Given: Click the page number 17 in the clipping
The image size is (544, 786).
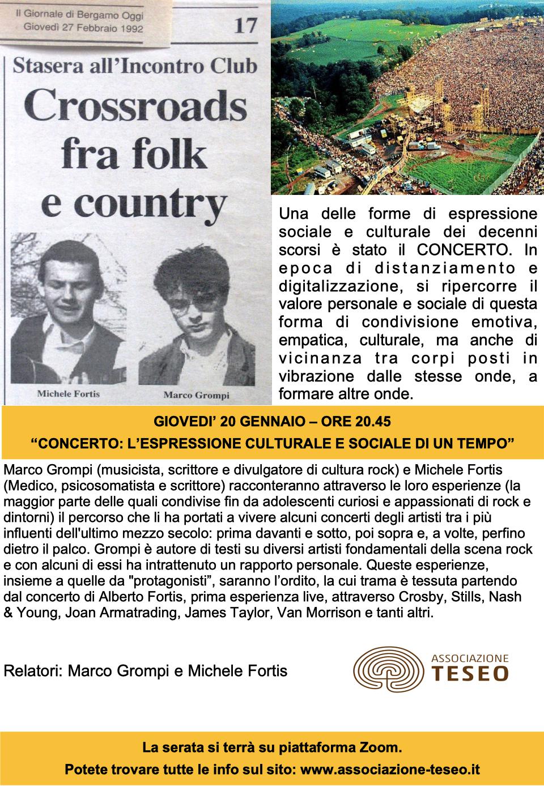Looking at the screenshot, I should pos(244,26).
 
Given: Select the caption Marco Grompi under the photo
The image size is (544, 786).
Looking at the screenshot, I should pos(196,394).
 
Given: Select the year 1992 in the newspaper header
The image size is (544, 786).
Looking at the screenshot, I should pos(131,27).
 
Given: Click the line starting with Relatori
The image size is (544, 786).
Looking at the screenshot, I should pos(145,672).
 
